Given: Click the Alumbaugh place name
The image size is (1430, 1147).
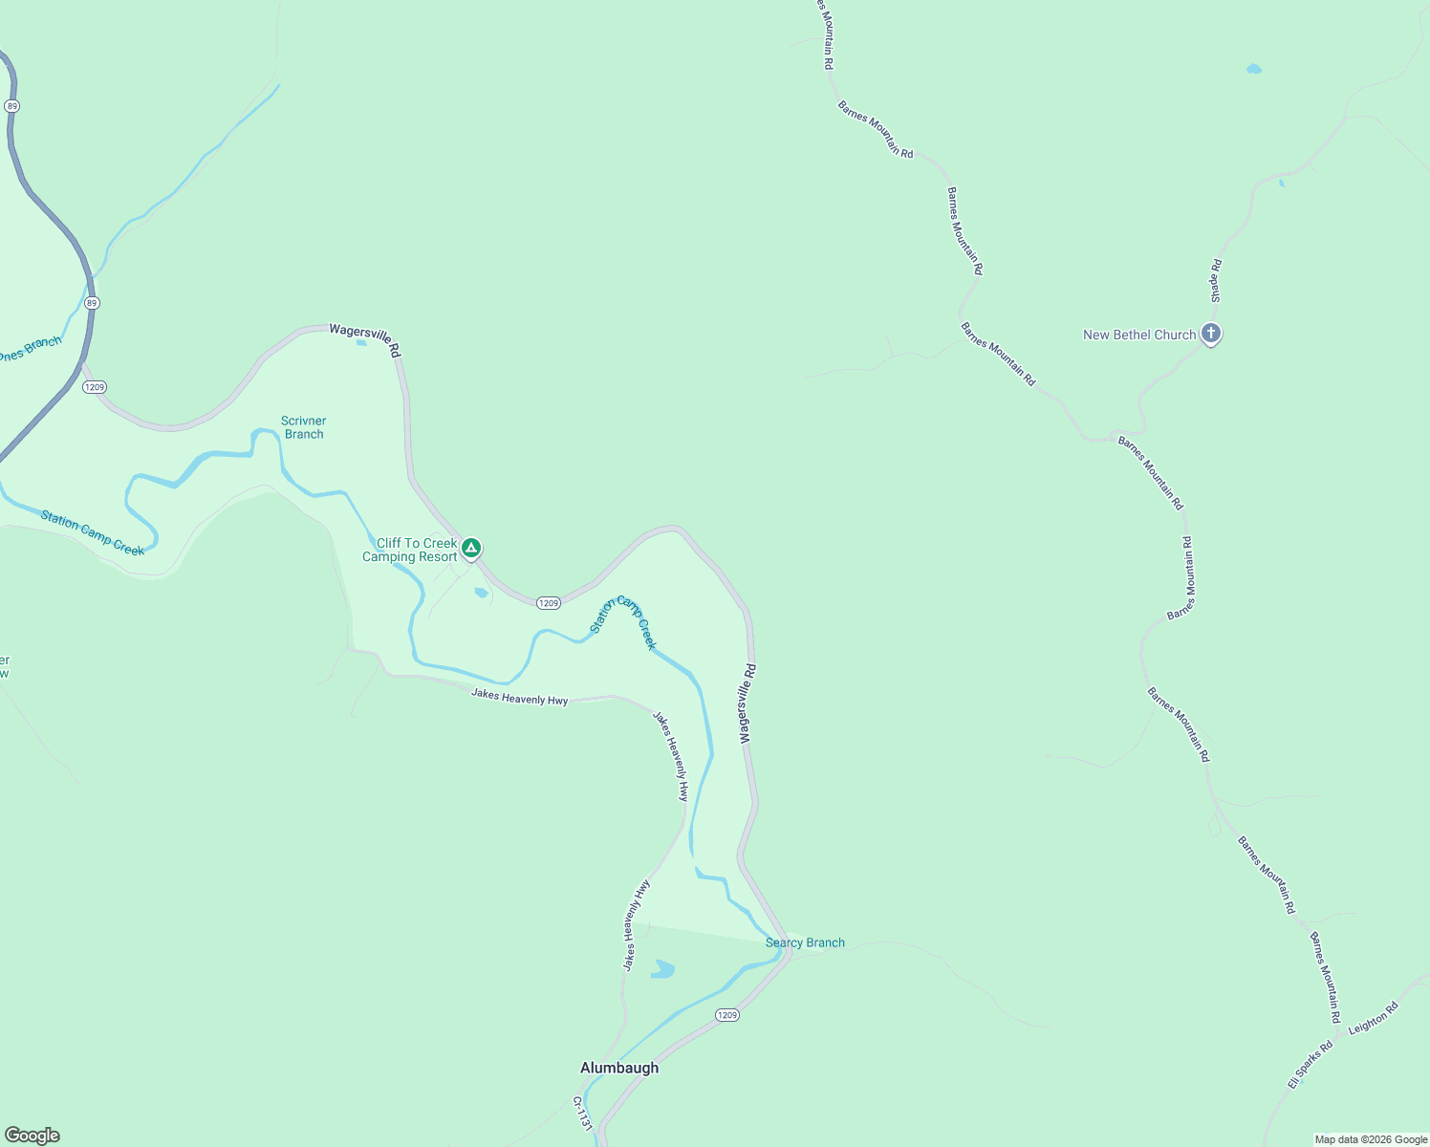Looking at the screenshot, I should click(619, 1068).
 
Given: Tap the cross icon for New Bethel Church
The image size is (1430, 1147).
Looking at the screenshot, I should click(1211, 334).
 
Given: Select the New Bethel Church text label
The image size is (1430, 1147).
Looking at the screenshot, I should click(1138, 335).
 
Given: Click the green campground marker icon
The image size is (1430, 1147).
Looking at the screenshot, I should click(470, 548).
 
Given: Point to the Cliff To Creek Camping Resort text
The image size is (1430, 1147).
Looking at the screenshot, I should click(411, 550).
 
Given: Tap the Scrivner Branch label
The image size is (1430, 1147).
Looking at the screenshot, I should click(304, 427).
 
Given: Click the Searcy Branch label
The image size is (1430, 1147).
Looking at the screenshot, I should click(805, 942).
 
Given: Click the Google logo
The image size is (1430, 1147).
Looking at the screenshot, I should click(32, 1136).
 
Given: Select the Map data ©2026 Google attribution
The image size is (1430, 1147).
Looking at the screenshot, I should click(1371, 1139).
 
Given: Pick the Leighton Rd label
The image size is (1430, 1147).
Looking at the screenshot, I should click(1373, 1019).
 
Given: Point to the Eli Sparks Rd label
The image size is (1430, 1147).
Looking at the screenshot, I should click(1310, 1065).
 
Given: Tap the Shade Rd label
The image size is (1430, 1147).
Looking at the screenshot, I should click(1217, 281).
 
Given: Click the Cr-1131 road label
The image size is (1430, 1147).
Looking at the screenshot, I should click(583, 1115).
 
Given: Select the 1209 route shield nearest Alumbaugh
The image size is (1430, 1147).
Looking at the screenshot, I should click(727, 1015).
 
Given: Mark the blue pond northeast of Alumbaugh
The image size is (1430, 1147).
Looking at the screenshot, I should click(662, 969).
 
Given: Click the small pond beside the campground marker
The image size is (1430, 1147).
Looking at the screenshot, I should click(481, 593).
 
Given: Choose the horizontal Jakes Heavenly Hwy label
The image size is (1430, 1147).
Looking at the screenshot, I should click(519, 698).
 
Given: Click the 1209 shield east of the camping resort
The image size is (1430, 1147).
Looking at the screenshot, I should click(548, 603).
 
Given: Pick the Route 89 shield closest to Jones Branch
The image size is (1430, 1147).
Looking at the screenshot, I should click(92, 303).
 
